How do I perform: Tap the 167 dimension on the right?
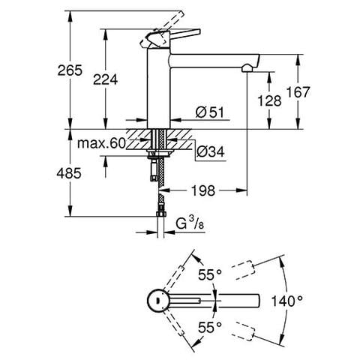[298, 92]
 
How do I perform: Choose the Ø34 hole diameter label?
[211, 153]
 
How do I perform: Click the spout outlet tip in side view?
[246, 69]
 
